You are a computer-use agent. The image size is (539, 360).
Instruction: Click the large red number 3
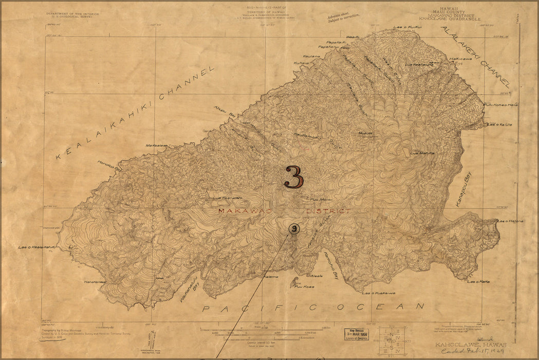point(294,177)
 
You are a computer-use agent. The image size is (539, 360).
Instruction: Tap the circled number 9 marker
point(293,229)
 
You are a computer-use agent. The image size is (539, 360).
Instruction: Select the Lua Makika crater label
point(424,153)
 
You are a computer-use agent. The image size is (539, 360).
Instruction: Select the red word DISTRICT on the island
point(328,211)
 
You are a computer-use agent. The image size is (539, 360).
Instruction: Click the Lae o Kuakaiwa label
point(378,293)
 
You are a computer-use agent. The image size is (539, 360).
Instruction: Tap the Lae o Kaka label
point(478,281)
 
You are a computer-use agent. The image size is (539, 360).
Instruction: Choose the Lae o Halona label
point(511,221)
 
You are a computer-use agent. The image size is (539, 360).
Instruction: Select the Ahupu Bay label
point(224,111)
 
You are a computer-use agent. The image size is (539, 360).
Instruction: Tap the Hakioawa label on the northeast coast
point(460,59)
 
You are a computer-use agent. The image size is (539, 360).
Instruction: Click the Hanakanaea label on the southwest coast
point(95,281)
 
